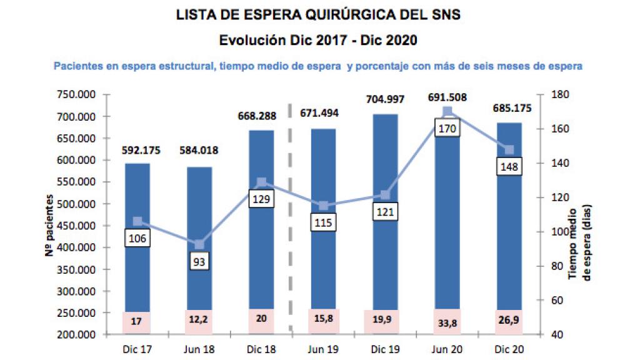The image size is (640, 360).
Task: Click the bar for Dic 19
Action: click(385, 250)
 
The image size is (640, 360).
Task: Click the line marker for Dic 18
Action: click(261, 182)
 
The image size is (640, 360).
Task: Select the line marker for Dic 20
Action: click(509, 149)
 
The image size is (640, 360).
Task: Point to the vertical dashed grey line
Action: click(291, 219)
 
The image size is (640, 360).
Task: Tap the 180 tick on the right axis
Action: click(557, 95)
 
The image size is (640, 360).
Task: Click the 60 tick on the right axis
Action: click(554, 301)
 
